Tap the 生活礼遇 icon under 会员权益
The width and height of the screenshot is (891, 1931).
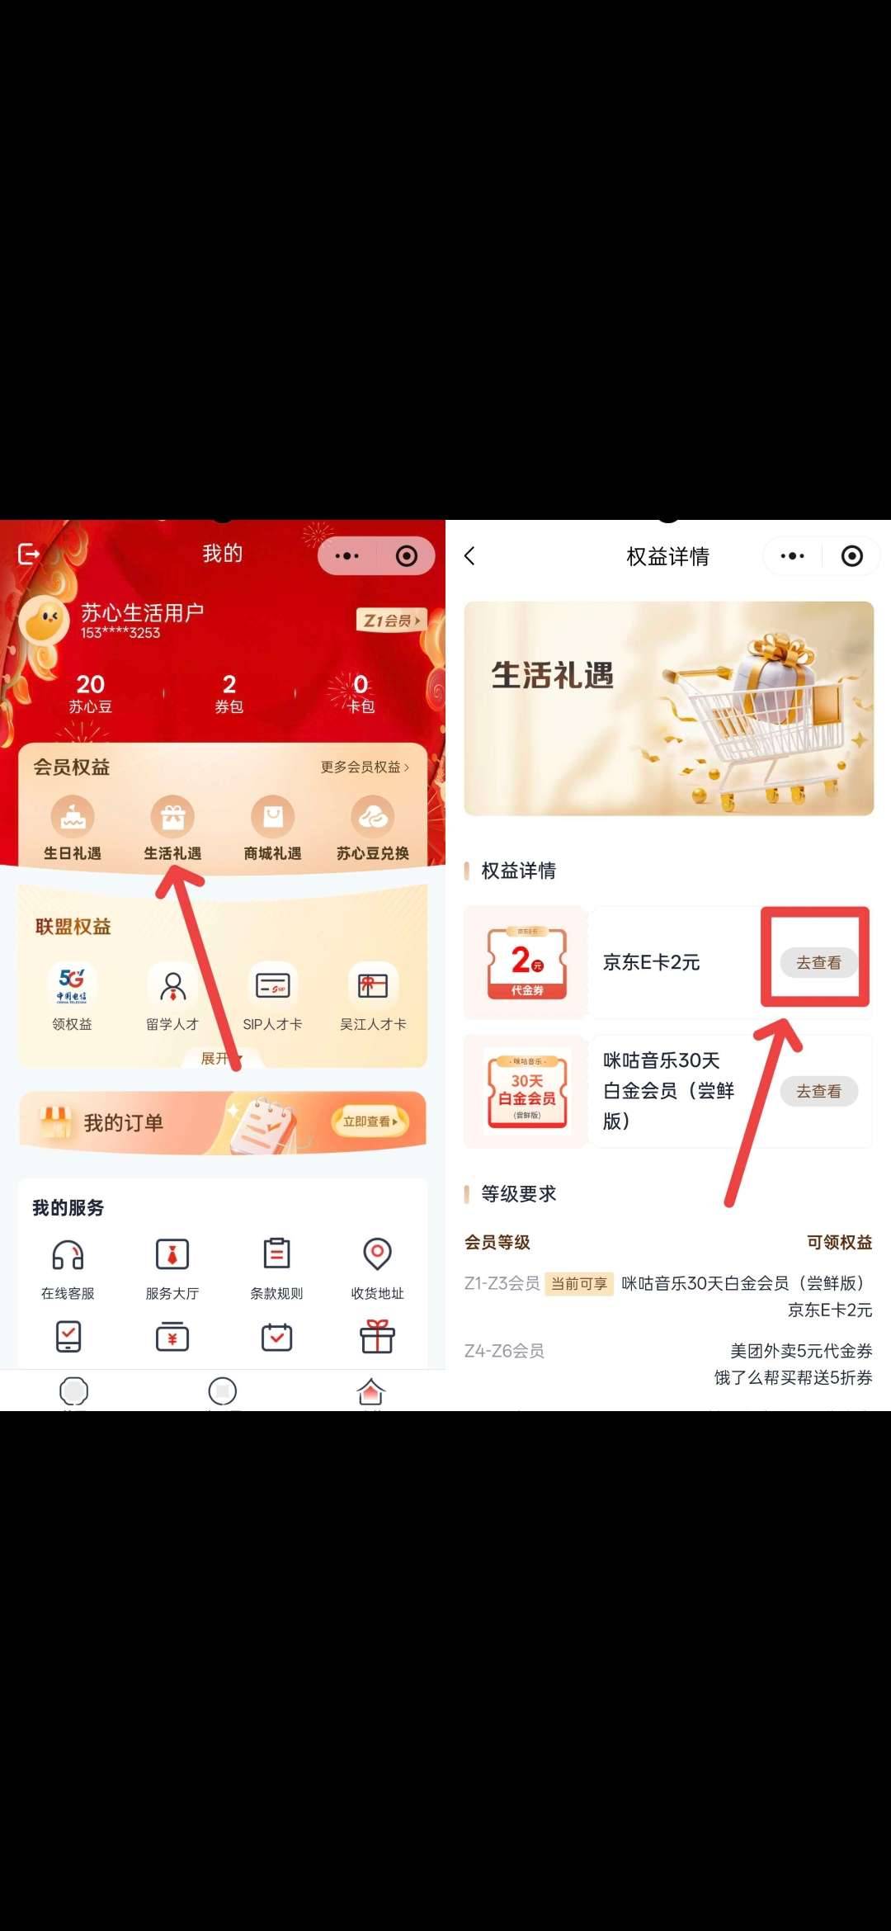pos(172,818)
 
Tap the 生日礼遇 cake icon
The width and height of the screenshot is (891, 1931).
pos(73,818)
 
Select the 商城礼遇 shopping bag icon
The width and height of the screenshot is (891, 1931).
pos(273,818)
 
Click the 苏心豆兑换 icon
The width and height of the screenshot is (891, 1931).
pos(373,818)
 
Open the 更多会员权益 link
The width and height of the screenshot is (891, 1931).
pos(364,767)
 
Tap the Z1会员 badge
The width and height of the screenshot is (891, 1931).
pos(391,621)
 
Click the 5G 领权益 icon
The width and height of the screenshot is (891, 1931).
pos(73,984)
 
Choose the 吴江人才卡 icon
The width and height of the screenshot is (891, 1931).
pos(373,984)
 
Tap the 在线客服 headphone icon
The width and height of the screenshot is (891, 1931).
pos(68,1255)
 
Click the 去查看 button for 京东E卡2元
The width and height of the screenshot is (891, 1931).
pos(818,962)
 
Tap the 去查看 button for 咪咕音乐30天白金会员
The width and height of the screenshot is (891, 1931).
pos(818,1091)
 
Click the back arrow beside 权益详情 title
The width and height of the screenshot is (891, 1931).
pos(470,556)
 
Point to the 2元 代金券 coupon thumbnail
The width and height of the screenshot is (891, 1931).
pos(526,962)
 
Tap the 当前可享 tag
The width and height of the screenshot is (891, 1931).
pos(578,1284)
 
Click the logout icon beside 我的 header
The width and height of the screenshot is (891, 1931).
pos(29,554)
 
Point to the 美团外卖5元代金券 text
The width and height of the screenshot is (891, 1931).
pos(800,1351)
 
